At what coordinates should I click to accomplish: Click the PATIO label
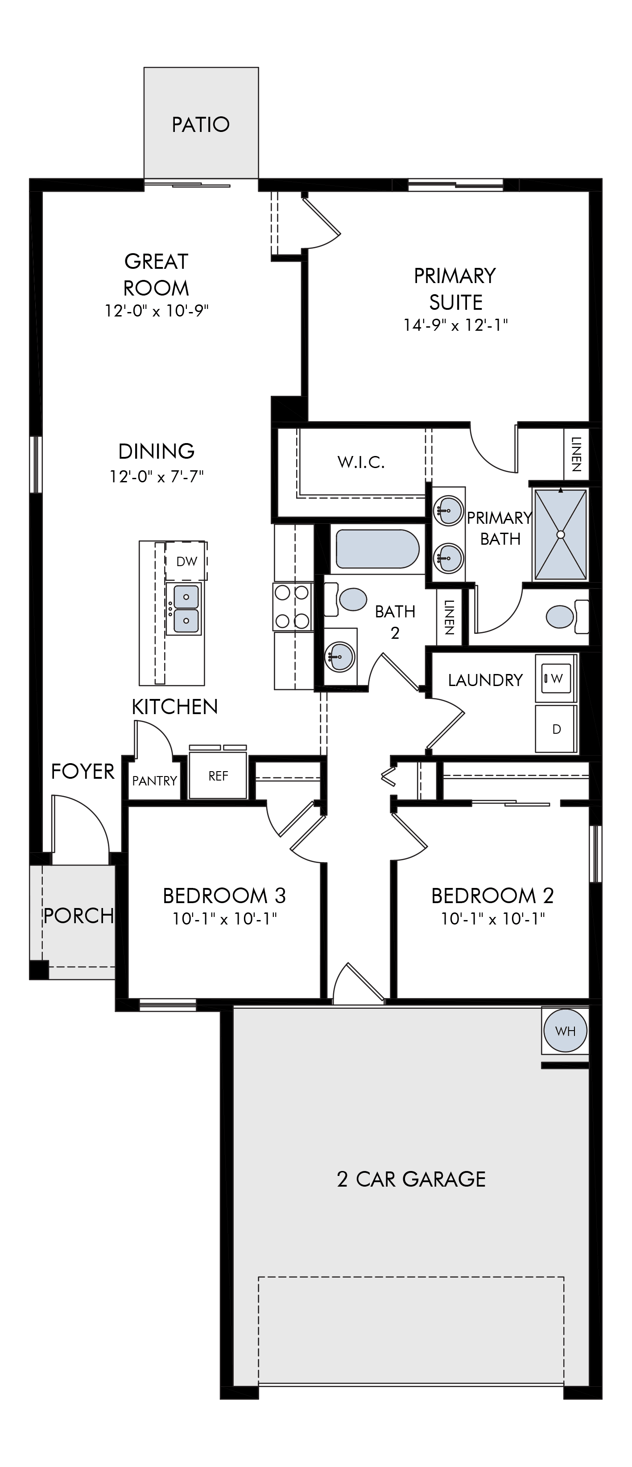pos(201,124)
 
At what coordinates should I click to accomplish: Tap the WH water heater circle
pos(565,1030)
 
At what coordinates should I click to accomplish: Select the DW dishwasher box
pos(186,561)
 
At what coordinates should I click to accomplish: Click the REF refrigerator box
pos(218,776)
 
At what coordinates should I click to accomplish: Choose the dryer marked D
pos(556,729)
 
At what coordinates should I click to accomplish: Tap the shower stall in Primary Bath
pos(560,534)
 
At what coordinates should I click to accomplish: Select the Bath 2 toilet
pos(347,599)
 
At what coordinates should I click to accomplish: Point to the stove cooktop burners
pos(293,606)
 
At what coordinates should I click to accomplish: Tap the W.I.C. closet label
pos(361,462)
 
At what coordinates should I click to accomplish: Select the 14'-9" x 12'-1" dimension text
pos(455,325)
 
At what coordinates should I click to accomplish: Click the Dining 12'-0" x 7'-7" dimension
pos(157,477)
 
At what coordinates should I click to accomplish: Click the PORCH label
pos(78,916)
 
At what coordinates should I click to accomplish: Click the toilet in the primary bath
pos(566,616)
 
